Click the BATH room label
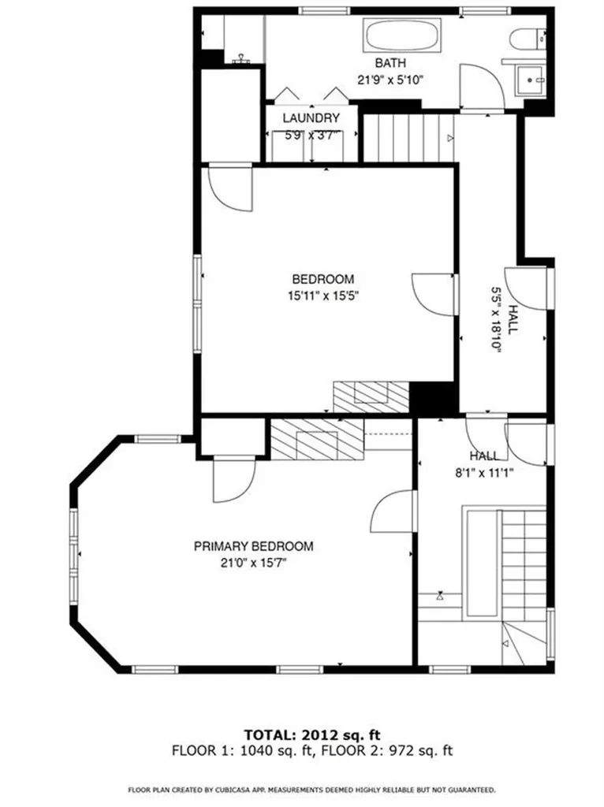(390, 63)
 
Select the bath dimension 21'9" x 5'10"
(390, 79)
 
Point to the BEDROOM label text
(323, 279)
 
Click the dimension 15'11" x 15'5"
(323, 296)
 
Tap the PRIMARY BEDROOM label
(254, 546)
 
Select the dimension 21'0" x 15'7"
(254, 563)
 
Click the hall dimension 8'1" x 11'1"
(484, 473)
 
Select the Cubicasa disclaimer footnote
(311, 789)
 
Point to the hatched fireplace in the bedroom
(371, 396)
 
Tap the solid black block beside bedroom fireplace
(433, 398)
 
